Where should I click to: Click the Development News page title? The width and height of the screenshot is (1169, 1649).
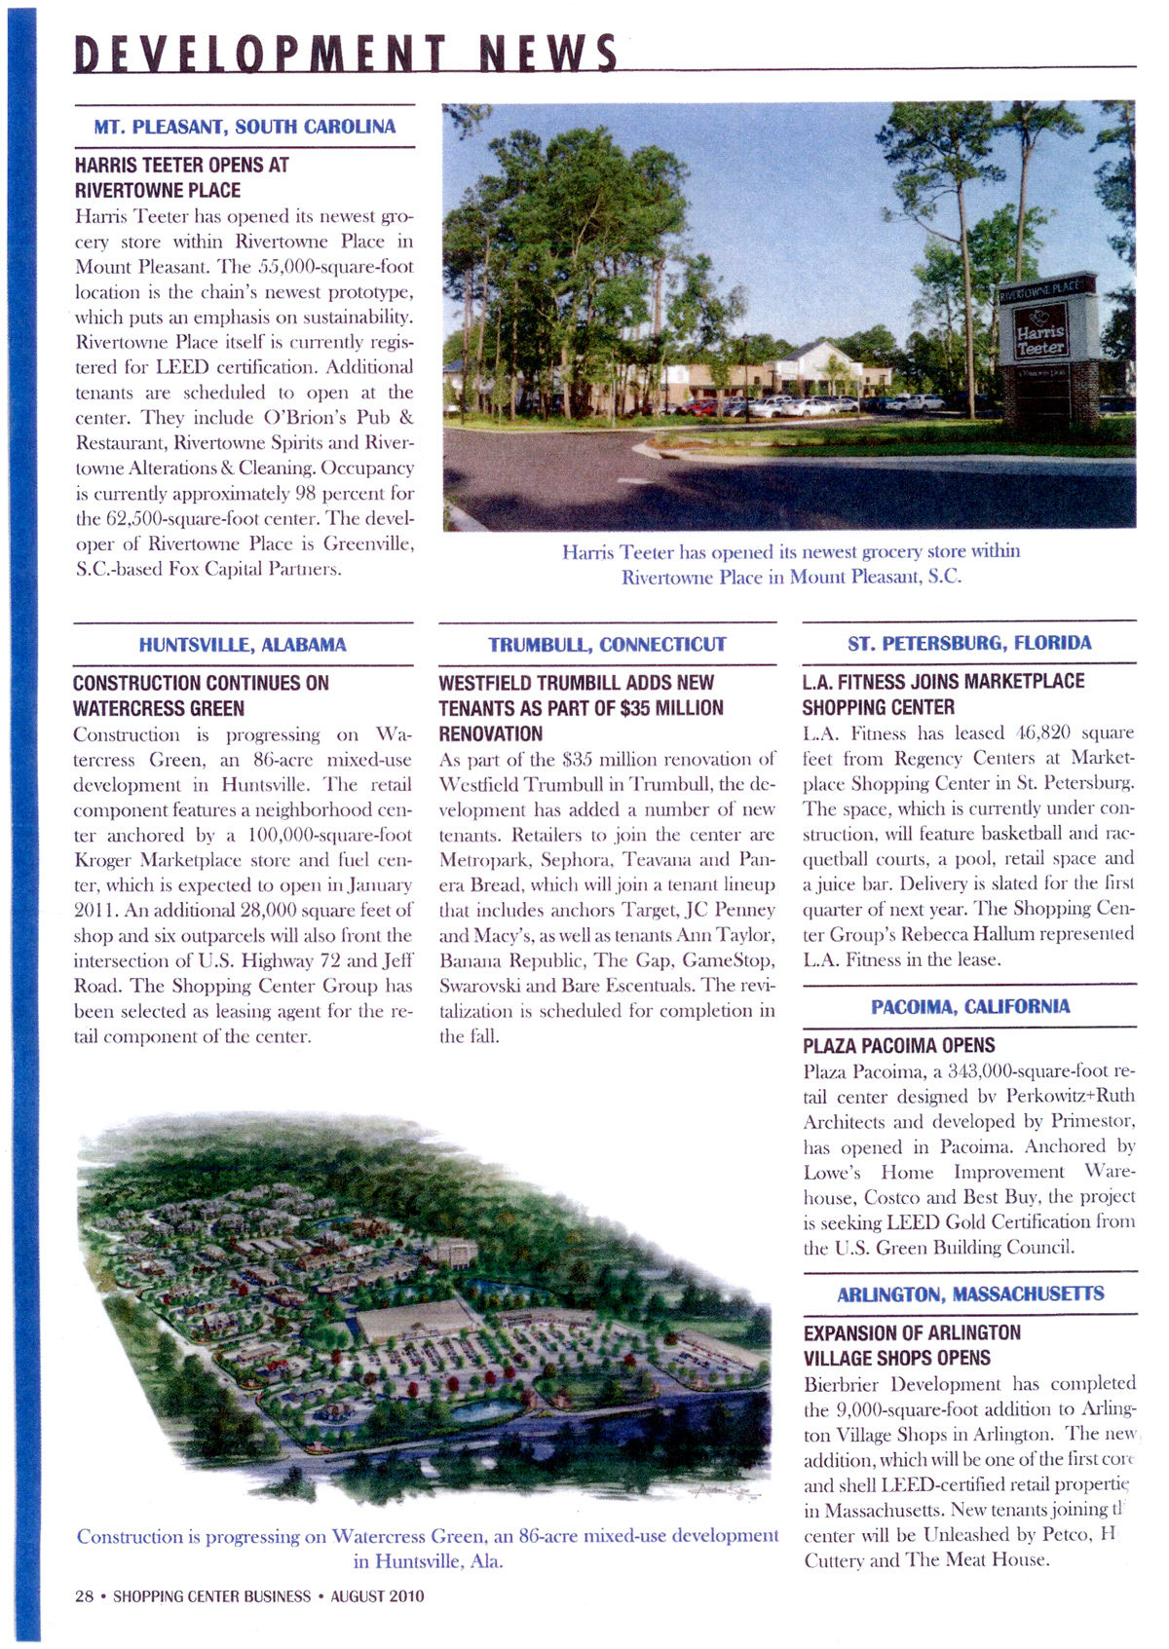point(346,53)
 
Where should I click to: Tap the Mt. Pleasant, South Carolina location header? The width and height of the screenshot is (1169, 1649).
point(245,127)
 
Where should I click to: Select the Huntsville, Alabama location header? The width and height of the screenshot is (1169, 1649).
point(243,645)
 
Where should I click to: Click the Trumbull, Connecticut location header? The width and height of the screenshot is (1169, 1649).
point(607,645)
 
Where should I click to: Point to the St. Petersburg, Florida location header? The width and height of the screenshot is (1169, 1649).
point(969,643)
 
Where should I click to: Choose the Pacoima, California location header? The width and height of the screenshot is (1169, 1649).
point(970,1006)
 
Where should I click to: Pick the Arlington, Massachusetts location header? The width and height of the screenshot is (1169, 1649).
point(970,1293)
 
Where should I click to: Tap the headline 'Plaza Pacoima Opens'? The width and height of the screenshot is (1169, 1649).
point(898,1046)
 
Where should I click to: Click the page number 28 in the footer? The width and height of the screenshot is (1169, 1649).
point(84,1595)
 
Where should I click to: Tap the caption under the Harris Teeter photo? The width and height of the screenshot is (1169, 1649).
point(790,564)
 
